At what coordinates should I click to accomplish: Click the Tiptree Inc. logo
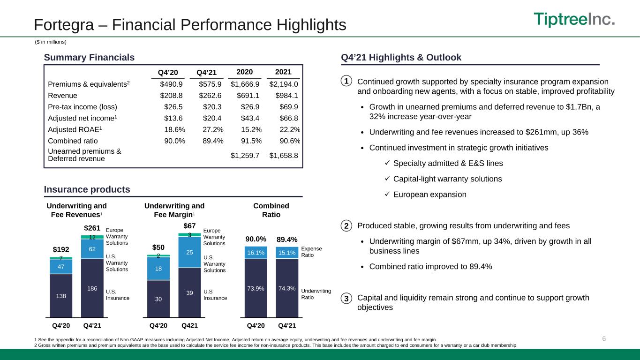point(574,19)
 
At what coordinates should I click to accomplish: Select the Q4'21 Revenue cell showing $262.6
point(210,96)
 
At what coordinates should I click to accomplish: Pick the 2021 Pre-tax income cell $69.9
point(288,107)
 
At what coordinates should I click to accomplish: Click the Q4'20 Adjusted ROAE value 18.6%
point(174,129)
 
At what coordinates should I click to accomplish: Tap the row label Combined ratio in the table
point(73,141)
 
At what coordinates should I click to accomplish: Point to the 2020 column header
point(245,72)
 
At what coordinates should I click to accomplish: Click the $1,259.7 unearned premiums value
point(245,156)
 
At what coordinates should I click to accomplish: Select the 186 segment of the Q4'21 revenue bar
point(92,288)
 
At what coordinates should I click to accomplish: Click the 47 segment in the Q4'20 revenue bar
point(61,267)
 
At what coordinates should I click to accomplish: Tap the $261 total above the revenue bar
point(92,228)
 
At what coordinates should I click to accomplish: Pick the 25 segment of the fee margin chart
point(189,252)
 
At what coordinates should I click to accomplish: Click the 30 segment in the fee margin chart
point(158,299)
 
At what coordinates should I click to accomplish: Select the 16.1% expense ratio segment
point(256,253)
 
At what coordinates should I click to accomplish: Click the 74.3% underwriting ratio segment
point(287,288)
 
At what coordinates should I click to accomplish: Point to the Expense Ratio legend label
point(311,252)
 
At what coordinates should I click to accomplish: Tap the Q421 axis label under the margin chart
point(189,325)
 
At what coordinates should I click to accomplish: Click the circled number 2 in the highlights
point(346,226)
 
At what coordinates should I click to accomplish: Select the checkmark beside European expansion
point(387,194)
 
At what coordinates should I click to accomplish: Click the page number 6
point(604,338)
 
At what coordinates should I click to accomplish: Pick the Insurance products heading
point(87,189)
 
